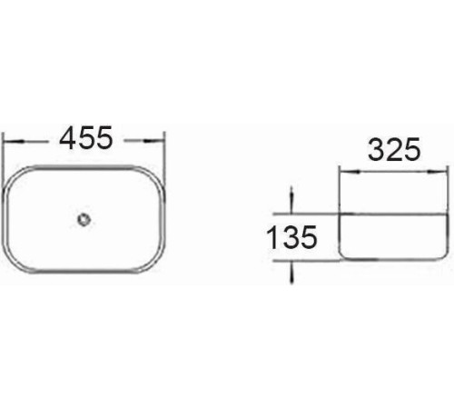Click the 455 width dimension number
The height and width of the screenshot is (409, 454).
coord(86,138)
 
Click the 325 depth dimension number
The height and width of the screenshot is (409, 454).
coord(394,149)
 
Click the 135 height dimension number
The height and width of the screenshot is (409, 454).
coord(291,237)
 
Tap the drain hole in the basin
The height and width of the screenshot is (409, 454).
coord(84,219)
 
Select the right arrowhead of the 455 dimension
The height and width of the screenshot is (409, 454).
coord(154,141)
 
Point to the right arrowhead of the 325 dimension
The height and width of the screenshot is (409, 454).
coord(437,172)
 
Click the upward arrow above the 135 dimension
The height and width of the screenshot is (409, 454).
coord(291,200)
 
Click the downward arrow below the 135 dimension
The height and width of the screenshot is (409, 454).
coord(291,272)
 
